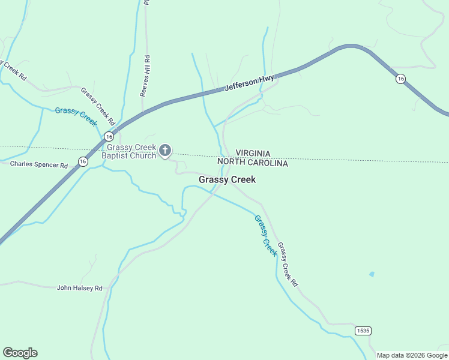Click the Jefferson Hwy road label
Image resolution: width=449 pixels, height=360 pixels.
pos(249,83)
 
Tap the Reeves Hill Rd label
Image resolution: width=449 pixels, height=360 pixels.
pos(145,76)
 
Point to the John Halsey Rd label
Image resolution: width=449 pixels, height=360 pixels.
pos(80,288)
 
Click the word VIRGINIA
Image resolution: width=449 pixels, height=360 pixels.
pos(253,154)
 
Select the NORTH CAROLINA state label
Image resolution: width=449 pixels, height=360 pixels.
pos(253,163)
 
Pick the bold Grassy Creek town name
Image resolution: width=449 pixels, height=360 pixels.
pos(227,179)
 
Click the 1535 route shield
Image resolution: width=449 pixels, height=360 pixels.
pos(363,331)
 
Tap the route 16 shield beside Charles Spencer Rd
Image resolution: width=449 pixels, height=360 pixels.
pos(82,161)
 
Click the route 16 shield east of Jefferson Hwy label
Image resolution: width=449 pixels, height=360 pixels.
pos(400,79)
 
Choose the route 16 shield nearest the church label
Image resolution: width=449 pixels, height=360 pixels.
pos(108,136)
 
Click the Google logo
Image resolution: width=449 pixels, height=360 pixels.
pos(20,353)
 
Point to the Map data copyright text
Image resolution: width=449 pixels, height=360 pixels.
pos(412,355)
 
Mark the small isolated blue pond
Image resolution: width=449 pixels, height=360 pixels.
pos(372,274)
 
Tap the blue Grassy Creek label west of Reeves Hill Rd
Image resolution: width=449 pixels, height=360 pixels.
pos(76,115)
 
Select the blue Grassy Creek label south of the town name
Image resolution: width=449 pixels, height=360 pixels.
pos(265,235)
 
